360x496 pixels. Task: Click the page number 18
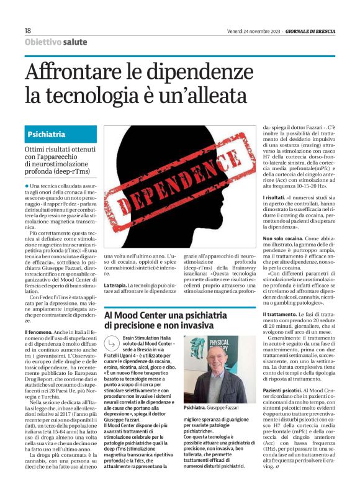(28, 30)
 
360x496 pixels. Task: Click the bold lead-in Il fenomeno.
(40, 333)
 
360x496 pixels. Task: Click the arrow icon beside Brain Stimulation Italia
(112, 343)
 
